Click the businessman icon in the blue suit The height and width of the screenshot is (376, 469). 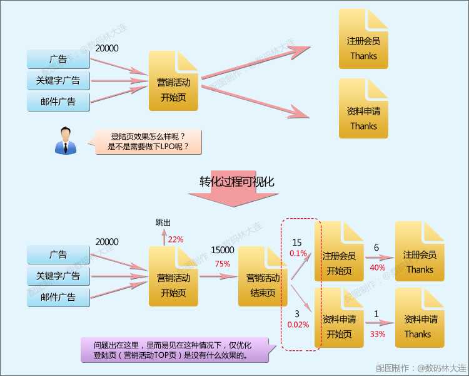pos(65,140)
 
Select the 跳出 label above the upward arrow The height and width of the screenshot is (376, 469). pos(163,222)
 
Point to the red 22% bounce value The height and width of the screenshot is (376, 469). pos(176,239)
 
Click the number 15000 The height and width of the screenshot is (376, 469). pos(223,250)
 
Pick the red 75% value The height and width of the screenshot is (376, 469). pos(223,264)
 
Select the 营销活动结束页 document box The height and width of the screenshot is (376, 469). pos(263,276)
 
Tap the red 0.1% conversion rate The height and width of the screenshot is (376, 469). pos(298,253)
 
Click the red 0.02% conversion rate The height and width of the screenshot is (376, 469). pos(298,325)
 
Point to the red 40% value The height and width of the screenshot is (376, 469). pos(377,267)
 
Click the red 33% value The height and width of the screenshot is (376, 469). pos(377,334)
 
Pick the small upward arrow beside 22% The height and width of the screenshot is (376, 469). pos(164,237)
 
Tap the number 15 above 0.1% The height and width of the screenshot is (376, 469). pos(297,243)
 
